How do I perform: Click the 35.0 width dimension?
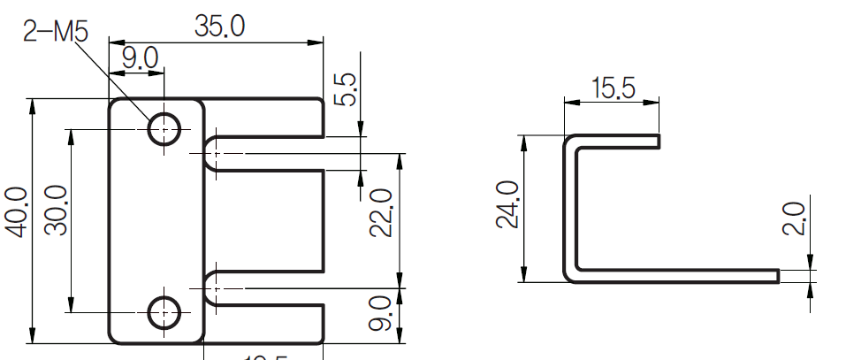click(x=219, y=27)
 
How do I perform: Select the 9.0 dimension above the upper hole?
click(x=139, y=59)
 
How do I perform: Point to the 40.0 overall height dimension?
click(x=16, y=211)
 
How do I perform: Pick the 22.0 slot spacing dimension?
click(x=380, y=212)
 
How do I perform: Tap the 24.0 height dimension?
click(x=507, y=204)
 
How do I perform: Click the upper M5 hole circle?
click(x=164, y=129)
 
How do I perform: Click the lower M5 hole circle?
click(x=164, y=312)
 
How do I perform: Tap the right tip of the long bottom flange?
click(x=777, y=276)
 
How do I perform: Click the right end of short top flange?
click(x=659, y=141)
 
